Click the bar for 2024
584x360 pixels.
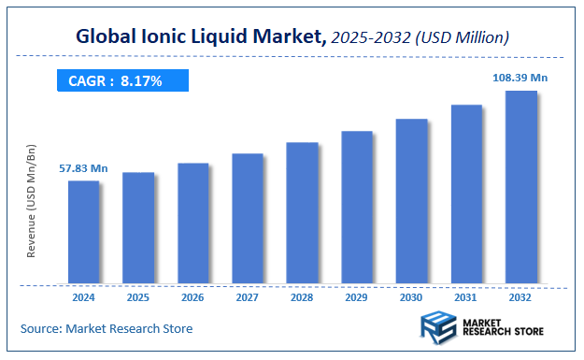tap(83, 232)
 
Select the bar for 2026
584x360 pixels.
tap(192, 223)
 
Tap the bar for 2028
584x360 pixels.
tap(302, 213)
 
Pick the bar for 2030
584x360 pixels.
tap(411, 201)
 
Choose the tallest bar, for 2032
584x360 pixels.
tap(520, 187)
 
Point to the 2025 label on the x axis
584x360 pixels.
tap(138, 297)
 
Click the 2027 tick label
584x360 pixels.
tap(248, 297)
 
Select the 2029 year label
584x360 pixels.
tap(357, 297)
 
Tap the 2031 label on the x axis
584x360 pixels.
tap(466, 297)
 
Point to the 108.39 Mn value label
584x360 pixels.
tap(520, 78)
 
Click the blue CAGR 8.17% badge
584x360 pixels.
tap(121, 81)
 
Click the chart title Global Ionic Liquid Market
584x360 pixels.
tap(200, 37)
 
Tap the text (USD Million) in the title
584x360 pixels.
tap(463, 38)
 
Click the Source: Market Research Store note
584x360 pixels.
tap(106, 328)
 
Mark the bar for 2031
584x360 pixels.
tap(466, 194)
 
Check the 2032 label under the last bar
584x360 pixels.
tap(520, 297)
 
